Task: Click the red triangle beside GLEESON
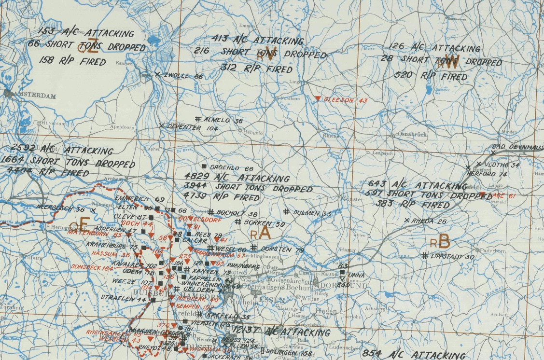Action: [318, 98]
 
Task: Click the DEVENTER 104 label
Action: [192, 128]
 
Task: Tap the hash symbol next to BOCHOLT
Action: [211, 212]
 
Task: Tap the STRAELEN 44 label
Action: [124, 299]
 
